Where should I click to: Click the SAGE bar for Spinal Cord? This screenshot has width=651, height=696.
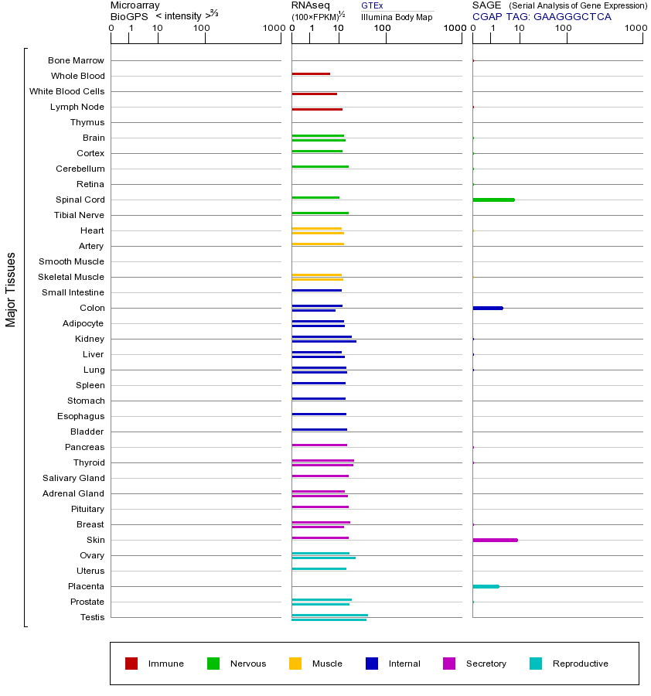click(x=493, y=200)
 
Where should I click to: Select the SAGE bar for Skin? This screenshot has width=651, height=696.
click(x=495, y=540)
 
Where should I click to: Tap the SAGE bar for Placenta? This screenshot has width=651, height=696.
click(x=486, y=586)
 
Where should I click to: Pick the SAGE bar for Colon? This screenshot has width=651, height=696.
click(x=488, y=308)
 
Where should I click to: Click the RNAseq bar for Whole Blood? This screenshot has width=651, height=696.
click(x=311, y=73)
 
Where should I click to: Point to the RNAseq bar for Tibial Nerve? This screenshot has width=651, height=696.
click(x=320, y=213)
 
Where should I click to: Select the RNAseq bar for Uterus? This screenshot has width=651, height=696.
click(x=319, y=568)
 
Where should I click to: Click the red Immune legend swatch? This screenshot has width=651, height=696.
click(x=131, y=664)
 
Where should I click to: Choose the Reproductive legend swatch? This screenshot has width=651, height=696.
click(x=536, y=664)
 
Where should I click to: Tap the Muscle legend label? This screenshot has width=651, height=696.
click(x=327, y=664)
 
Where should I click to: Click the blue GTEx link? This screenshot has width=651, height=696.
click(x=372, y=6)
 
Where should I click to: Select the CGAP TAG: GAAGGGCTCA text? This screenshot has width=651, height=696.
click(x=541, y=16)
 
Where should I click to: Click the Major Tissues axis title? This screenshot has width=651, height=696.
click(x=11, y=289)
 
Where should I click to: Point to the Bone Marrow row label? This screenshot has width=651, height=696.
click(x=76, y=60)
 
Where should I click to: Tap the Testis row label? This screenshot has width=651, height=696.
click(x=92, y=617)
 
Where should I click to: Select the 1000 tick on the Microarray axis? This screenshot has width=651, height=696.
click(x=273, y=29)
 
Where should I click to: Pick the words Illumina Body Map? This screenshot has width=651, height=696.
click(x=397, y=16)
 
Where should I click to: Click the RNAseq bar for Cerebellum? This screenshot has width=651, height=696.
click(x=320, y=166)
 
